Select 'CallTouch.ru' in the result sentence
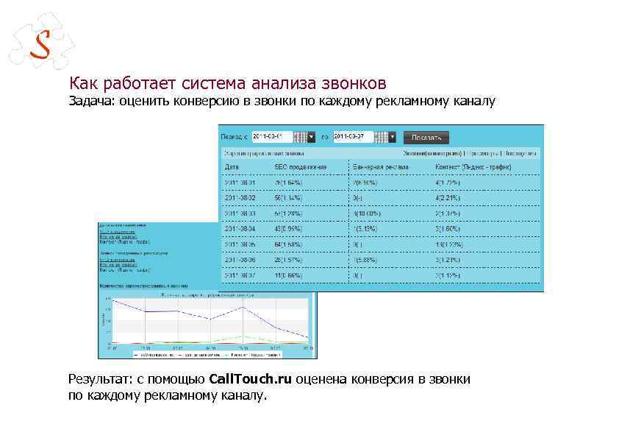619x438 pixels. [250, 379]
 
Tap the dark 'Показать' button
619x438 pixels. [426, 137]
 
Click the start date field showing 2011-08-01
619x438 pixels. [271, 137]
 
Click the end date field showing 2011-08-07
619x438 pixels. [353, 137]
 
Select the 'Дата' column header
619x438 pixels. [232, 167]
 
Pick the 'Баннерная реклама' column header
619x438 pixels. [379, 167]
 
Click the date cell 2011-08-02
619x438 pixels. [241, 198]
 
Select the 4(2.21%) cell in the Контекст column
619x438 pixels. [448, 198]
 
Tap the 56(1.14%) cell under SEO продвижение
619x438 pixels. [288, 198]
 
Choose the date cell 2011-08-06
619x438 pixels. [241, 260]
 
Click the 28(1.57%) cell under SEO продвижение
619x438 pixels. [288, 260]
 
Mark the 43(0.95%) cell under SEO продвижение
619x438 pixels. [288, 229]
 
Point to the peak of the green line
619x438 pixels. [243, 337]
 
